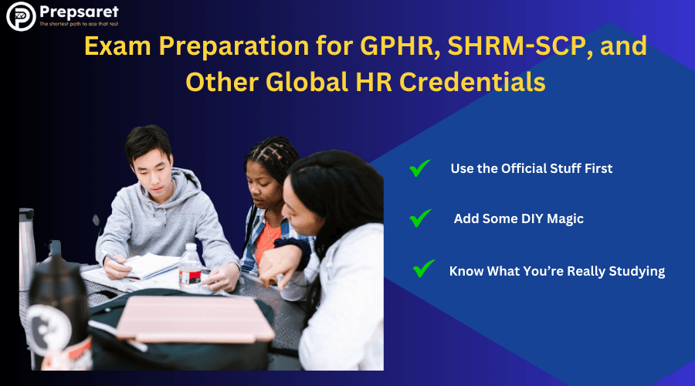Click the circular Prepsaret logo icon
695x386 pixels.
click(x=21, y=16)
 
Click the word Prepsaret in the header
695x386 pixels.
click(x=79, y=12)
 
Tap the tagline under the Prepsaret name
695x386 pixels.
click(x=79, y=24)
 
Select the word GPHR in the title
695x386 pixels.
click(x=400, y=46)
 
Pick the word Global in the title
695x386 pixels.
click(x=307, y=82)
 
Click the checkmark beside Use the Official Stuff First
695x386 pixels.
click(x=419, y=168)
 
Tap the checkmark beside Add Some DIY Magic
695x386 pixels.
click(x=420, y=218)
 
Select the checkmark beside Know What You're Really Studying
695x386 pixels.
click(x=424, y=268)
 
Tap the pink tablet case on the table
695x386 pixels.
click(x=195, y=319)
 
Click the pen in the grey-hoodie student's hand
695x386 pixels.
click(x=112, y=257)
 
